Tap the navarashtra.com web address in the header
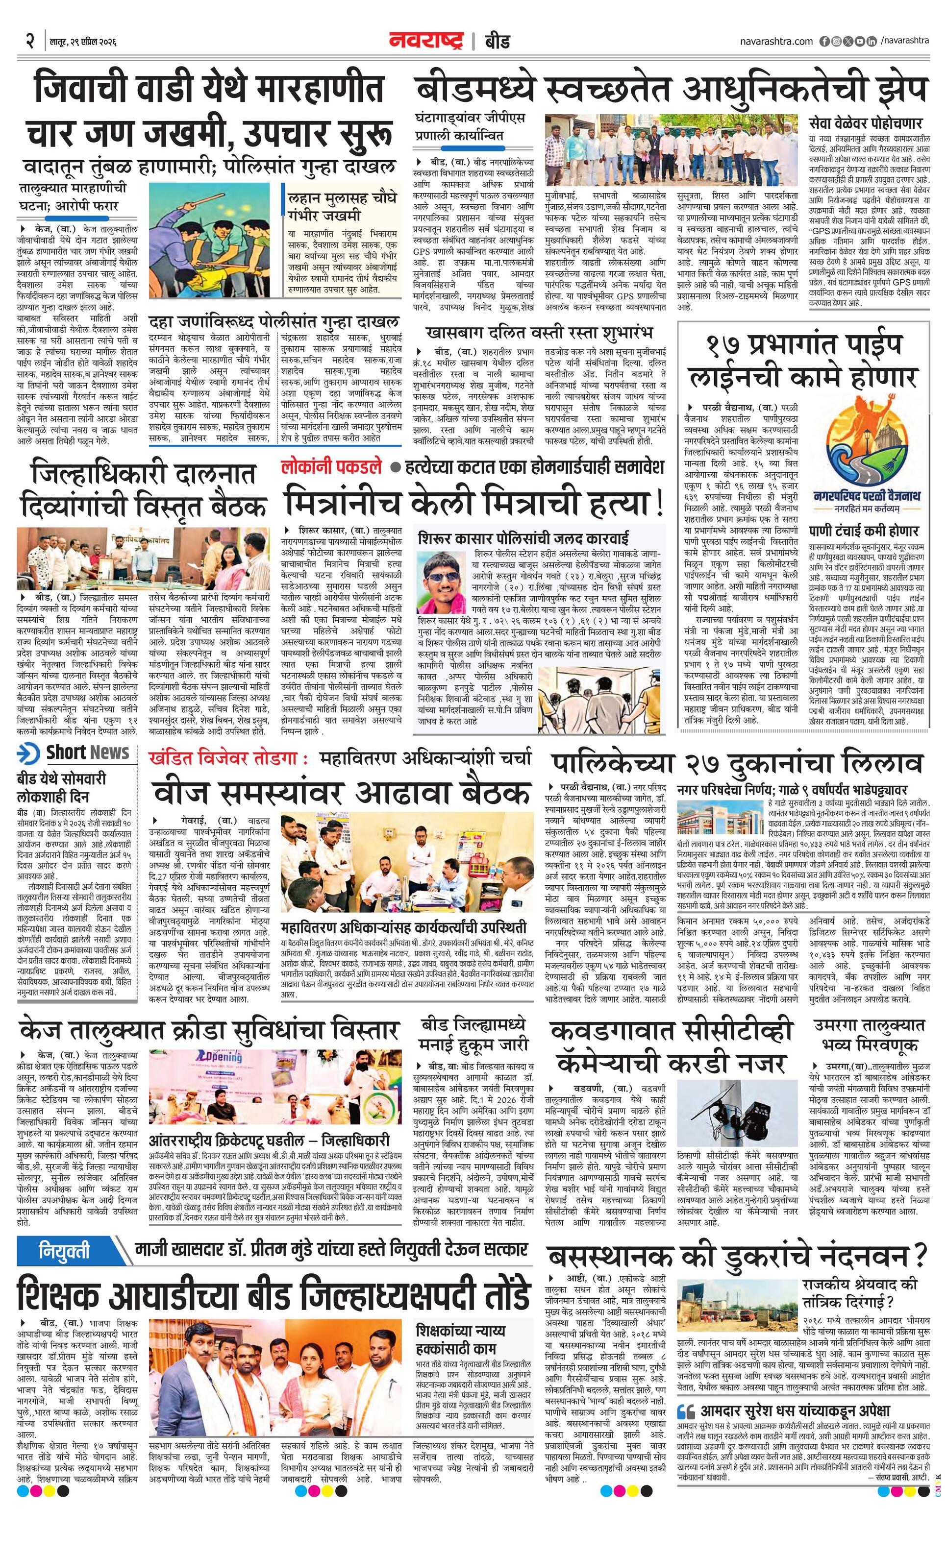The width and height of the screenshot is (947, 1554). pos(776,42)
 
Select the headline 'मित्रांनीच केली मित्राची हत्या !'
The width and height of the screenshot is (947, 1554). pos(474,503)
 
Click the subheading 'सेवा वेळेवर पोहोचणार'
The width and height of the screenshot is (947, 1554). pos(866,123)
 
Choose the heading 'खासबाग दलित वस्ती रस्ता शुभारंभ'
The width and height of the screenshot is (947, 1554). pos(539,332)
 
